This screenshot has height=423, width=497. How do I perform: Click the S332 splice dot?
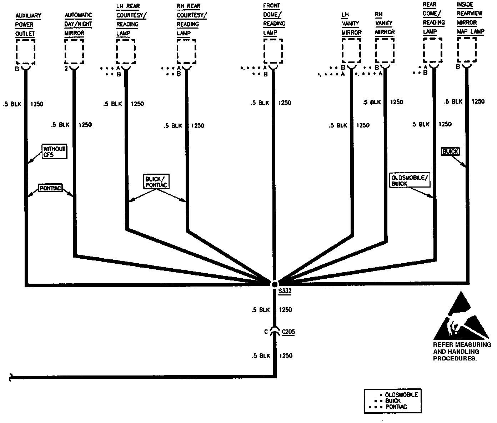pos(274,284)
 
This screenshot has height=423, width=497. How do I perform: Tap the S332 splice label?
pos(285,291)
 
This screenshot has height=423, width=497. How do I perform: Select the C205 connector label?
pos(288,332)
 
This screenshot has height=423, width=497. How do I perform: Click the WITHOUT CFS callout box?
pos(54,152)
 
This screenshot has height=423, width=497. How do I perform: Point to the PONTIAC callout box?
pos(50,188)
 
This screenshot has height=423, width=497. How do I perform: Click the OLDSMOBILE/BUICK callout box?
pos(409,180)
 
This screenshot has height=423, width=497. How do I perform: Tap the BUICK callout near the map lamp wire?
pos(450,151)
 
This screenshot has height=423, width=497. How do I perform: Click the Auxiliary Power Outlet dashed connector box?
pos(26,51)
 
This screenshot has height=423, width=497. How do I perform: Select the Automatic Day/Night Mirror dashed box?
pos(74,51)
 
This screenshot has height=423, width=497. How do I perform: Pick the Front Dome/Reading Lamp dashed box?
pos(273,51)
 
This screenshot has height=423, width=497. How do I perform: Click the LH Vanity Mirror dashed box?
pos(351,51)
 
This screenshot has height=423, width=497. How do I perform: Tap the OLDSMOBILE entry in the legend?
pos(401,395)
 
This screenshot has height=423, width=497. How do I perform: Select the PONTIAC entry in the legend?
pos(396,407)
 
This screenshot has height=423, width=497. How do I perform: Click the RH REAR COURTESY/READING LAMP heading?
pos(191,20)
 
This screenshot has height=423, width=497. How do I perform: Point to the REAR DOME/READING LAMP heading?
pos(433,18)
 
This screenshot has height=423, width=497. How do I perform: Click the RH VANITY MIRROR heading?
pos(385,23)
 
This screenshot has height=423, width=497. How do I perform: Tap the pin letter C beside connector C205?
pos(266,332)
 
